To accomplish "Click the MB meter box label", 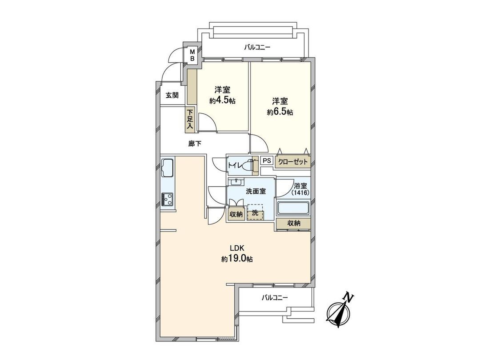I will coord(193,55).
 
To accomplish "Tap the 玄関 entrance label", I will coord(172,95).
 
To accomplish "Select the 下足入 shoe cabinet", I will coord(190,120).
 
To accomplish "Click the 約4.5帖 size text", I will coord(222,100).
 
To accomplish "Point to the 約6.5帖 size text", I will coord(280,112).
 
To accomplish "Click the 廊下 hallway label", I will coord(195,144).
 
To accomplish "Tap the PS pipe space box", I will coord(266,161).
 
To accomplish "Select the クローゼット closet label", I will coord(292,162).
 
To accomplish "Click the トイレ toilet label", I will coord(234,165).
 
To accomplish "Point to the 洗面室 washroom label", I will coord(256,191).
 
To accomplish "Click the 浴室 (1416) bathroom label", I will coord(300,189).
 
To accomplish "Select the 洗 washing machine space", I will coord(255,213).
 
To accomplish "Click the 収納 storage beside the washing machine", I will coord(236,214).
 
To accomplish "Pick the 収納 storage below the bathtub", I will coord(293,224).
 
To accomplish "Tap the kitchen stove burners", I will coord(168,199).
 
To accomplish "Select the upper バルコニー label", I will coord(257,47).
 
